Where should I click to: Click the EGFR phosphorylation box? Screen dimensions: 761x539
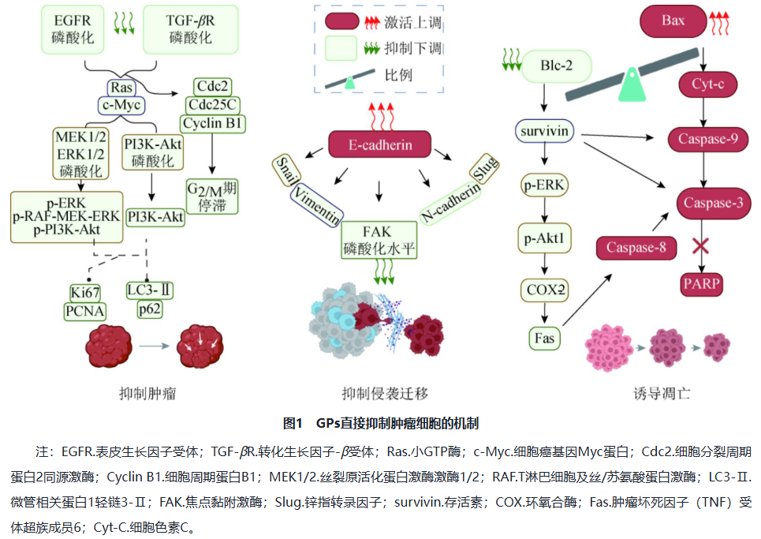[x=73, y=29]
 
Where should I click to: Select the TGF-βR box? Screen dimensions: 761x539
[x=190, y=29]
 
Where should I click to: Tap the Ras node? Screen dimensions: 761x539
[x=121, y=88]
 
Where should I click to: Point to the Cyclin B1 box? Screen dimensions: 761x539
[x=213, y=123]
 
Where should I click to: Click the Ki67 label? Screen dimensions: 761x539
[x=85, y=293]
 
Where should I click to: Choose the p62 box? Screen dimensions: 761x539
[x=150, y=309]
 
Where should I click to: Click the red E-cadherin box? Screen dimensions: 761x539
[x=380, y=144]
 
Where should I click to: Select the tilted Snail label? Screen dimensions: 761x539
[x=286, y=170]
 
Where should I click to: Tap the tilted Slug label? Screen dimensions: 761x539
[x=484, y=168]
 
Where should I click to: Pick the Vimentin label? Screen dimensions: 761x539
[x=317, y=206]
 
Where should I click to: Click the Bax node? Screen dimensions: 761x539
[x=673, y=21]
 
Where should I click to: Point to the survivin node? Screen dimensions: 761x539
[x=544, y=131]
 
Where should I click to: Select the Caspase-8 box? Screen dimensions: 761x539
[x=636, y=248]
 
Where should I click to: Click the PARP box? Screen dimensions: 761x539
[x=702, y=283]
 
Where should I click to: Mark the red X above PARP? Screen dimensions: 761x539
[x=700, y=245]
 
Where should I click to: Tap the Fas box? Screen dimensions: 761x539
[x=545, y=338]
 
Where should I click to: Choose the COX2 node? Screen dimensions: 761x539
[x=545, y=290]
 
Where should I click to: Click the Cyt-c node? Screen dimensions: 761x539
[x=707, y=84]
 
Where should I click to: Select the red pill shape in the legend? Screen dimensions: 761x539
[x=341, y=21]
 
